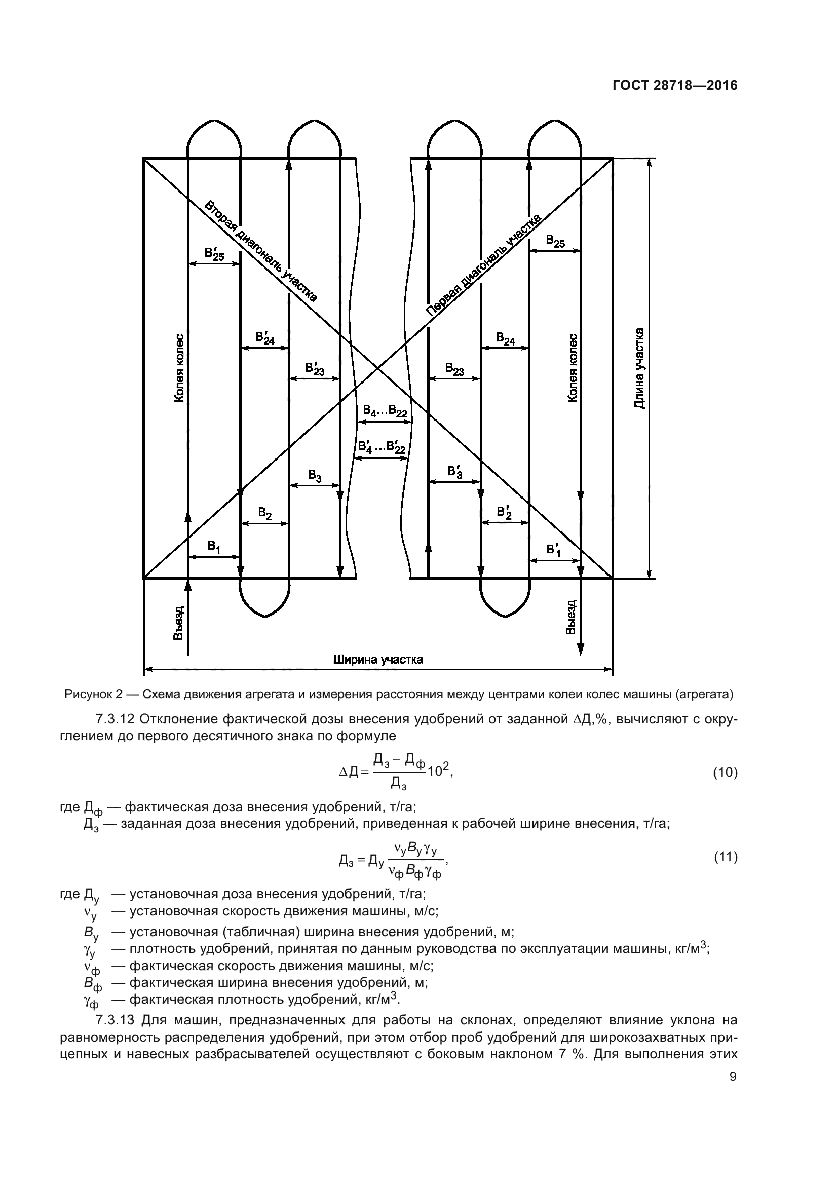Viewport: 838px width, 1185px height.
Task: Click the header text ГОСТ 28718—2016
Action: pyautogui.click(x=675, y=86)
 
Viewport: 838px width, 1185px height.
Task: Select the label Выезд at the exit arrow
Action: pyautogui.click(x=571, y=617)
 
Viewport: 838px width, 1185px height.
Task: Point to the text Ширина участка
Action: pyautogui.click(x=378, y=660)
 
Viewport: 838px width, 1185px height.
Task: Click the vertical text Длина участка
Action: pyautogui.click(x=639, y=368)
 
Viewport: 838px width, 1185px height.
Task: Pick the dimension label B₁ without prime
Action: pyautogui.click(x=214, y=546)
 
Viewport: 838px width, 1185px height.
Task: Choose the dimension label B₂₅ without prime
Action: pyautogui.click(x=555, y=241)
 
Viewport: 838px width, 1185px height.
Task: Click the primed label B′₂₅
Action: pyautogui.click(x=214, y=254)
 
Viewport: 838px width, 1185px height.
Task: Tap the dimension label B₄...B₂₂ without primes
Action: pyautogui.click(x=385, y=411)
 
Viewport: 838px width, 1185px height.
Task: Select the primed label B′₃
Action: pyautogui.click(x=455, y=471)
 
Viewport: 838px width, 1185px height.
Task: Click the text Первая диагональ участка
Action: pyautogui.click(x=483, y=264)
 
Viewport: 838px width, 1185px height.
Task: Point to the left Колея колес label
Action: pyautogui.click(x=178, y=367)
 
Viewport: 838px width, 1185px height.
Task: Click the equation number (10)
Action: pyautogui.click(x=725, y=773)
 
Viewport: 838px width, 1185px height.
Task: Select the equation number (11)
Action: pyautogui.click(x=725, y=857)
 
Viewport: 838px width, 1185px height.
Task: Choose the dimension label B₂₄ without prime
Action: pyautogui.click(x=505, y=338)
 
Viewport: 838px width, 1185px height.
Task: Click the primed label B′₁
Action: pyautogui.click(x=554, y=550)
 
